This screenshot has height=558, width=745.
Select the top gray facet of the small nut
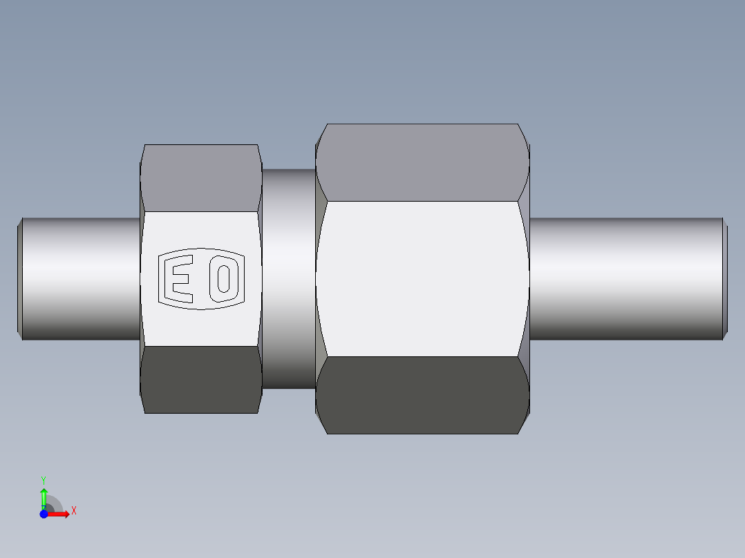click(200, 177)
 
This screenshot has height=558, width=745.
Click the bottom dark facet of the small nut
click(200, 380)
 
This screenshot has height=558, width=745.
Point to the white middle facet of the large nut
click(422, 279)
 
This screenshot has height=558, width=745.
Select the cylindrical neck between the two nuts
click(288, 279)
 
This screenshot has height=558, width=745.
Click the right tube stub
click(625, 279)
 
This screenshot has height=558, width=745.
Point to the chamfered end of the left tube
click(19, 279)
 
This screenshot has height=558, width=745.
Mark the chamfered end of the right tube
click(725, 279)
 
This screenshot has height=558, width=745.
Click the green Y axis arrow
click(44, 496)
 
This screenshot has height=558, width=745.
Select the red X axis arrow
click(60, 514)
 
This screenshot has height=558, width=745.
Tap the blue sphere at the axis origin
click(44, 514)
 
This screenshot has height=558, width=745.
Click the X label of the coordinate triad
click(74, 511)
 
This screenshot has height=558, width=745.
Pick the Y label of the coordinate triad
click(44, 479)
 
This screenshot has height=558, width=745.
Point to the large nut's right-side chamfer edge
click(525, 279)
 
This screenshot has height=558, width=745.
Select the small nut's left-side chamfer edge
click(142, 279)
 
